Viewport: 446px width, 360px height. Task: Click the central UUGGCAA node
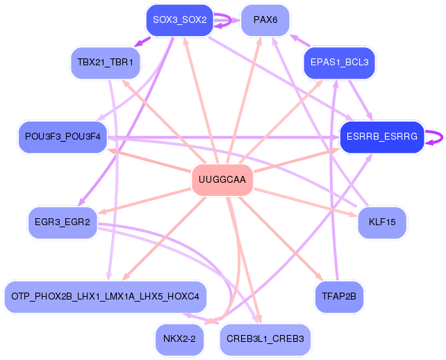(222, 181)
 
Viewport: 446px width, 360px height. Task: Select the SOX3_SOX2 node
(180, 20)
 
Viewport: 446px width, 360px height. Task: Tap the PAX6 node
(265, 20)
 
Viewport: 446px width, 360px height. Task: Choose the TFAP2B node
(339, 297)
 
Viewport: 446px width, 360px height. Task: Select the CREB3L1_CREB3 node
(265, 339)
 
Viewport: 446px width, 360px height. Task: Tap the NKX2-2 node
(179, 339)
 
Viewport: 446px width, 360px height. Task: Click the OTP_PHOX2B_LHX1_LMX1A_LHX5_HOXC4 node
(106, 297)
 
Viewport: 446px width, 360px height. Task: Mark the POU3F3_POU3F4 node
(63, 137)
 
